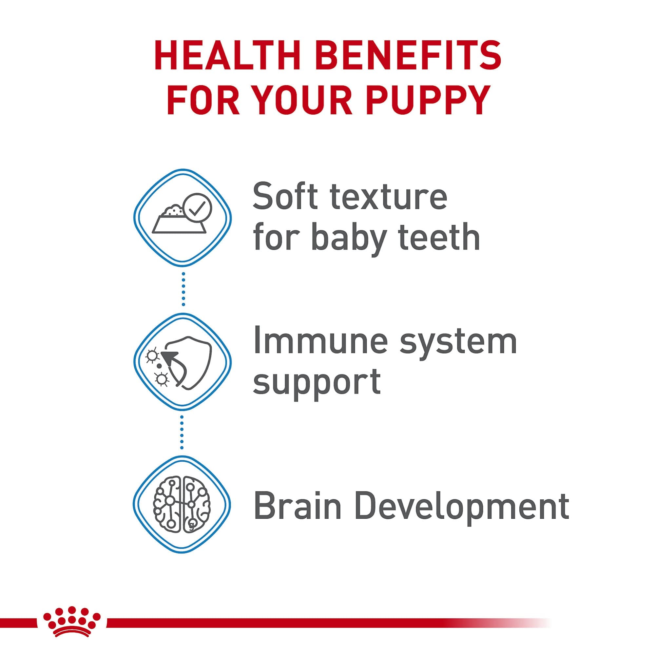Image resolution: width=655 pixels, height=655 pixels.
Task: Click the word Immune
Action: point(320,341)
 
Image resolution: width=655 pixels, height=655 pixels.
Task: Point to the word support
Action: point(317,382)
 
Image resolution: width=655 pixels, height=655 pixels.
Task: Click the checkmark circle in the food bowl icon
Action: point(197,208)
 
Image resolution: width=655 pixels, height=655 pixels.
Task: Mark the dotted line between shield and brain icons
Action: point(183,433)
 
